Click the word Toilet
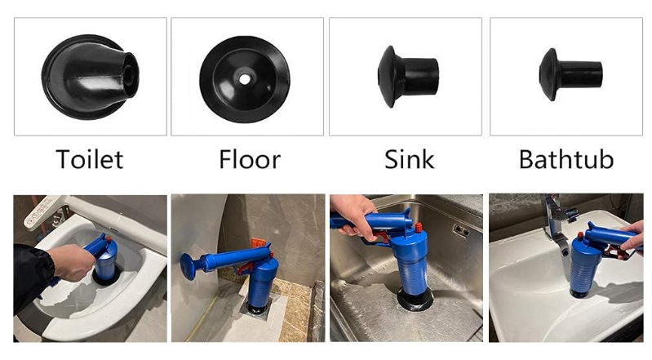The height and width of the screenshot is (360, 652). tap(90, 159)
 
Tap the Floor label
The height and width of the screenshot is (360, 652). tap(250, 159)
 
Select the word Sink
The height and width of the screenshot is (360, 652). tap(410, 159)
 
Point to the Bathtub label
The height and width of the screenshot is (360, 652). tap(566, 159)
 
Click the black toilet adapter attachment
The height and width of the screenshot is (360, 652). tap(91, 77)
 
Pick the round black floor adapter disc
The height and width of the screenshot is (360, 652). tap(245, 79)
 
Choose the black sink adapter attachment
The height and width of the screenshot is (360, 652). tap(408, 77)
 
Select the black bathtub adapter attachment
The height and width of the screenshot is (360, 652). tap(570, 74)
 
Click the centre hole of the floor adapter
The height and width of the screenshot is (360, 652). tap(245, 78)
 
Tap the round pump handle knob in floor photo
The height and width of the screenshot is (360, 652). tap(189, 266)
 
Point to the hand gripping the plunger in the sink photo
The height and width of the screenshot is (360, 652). tap(353, 216)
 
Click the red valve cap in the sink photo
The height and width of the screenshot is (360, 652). tap(419, 228)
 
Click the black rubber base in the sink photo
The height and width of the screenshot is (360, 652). tap(415, 300)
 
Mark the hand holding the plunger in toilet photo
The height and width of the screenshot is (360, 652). tap(73, 261)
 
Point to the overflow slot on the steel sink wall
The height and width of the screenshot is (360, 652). tap(461, 229)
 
